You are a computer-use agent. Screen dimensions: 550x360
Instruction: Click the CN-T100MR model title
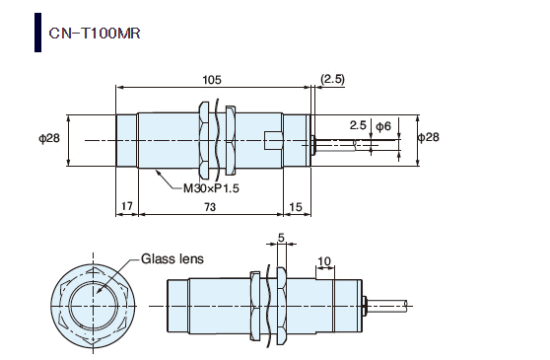coord(95,34)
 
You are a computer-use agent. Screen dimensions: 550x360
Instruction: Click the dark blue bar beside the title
coord(37,33)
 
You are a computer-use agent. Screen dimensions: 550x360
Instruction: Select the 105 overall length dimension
coord(212,80)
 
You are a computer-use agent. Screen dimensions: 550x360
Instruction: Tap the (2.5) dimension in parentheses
coord(332,79)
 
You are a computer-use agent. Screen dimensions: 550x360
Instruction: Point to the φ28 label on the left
coord(49,138)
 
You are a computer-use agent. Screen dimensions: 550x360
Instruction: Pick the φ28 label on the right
coord(429,137)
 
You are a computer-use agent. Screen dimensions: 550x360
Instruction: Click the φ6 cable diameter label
coord(383,126)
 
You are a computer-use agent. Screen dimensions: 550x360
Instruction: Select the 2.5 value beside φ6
coord(358,125)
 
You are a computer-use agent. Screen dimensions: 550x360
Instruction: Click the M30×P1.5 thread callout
coord(211,188)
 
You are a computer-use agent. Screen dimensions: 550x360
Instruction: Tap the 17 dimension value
coord(126,205)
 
